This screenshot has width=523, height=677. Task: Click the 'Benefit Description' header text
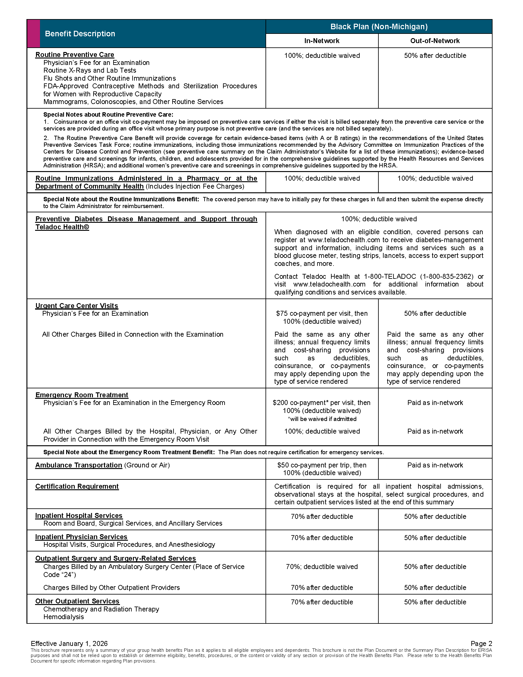pos(80,34)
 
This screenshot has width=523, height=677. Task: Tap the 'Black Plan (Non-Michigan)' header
pos(379,27)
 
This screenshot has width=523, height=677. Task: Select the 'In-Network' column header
pos(321,41)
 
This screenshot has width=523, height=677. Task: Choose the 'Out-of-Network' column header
pos(435,41)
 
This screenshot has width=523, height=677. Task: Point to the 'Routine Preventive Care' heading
pos(75,55)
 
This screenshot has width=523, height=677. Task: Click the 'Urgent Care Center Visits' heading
pos(77,306)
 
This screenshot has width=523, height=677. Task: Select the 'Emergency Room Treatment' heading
pos(82,395)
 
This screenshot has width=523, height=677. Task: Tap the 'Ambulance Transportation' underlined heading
pos(78,465)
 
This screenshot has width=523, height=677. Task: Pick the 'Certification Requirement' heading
pos(77,486)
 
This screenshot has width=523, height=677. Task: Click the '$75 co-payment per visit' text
pos(321,313)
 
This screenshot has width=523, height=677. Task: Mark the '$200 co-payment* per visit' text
pos(321,403)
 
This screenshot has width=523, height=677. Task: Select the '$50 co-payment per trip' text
pos(321,465)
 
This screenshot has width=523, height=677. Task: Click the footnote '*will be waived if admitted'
pos(322,419)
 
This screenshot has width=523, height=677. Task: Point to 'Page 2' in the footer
pos(481,643)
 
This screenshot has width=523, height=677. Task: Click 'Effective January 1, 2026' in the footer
pos(69,643)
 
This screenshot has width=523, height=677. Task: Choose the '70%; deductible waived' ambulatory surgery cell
pos(321,567)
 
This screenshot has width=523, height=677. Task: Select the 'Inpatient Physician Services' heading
pos(81,537)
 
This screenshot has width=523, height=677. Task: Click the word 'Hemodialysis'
pos(63,617)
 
